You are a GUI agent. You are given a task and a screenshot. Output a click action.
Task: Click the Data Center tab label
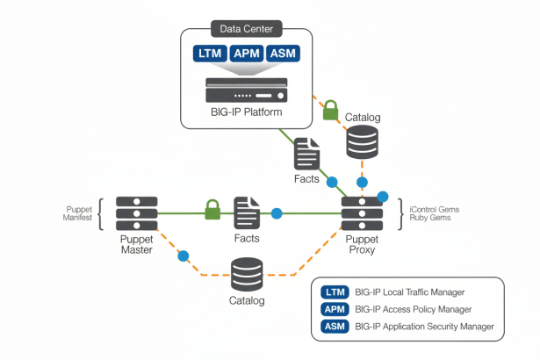pyautogui.click(x=247, y=28)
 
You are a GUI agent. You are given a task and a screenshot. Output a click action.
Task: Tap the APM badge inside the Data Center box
pyautogui.click(x=247, y=54)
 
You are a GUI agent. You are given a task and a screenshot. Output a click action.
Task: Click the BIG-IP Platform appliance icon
pyautogui.click(x=247, y=90)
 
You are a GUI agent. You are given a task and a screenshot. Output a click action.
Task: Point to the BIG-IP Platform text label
pyautogui.click(x=247, y=112)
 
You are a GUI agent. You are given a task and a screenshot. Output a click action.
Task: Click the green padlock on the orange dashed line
pyautogui.click(x=330, y=110)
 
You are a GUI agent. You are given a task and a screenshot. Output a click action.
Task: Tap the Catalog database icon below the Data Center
pyautogui.click(x=364, y=141)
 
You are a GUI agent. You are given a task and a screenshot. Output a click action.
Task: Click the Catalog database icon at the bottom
pyautogui.click(x=247, y=274)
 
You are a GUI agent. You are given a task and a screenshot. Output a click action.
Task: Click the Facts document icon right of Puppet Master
pyautogui.click(x=247, y=212)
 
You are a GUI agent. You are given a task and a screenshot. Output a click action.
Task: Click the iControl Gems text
pyautogui.click(x=436, y=208)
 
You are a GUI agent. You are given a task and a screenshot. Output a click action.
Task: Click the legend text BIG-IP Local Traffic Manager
pyautogui.click(x=410, y=292)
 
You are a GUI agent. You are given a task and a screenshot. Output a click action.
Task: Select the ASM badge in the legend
pyautogui.click(x=335, y=327)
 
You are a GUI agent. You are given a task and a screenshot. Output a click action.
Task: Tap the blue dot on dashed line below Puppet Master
pyautogui.click(x=184, y=256)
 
